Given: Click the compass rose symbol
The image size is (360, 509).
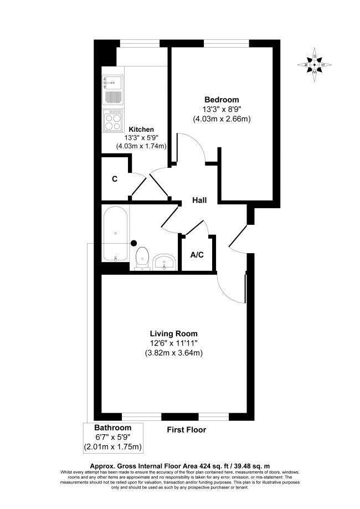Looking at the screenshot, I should (x=315, y=65).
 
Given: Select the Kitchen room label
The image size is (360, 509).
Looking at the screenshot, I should (x=141, y=129).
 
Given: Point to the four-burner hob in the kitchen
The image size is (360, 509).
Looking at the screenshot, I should (x=113, y=120).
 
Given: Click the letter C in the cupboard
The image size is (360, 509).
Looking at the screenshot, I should (x=115, y=179).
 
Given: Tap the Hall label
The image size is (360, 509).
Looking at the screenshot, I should (x=199, y=200).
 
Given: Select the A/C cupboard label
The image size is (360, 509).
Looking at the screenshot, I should (x=197, y=255).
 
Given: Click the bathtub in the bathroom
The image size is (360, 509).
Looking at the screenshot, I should (x=115, y=234).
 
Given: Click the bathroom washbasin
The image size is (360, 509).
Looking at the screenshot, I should (x=164, y=261).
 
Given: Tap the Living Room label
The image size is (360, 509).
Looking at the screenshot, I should (x=173, y=333).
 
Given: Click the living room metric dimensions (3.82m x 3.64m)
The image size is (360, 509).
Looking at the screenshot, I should (x=173, y=353).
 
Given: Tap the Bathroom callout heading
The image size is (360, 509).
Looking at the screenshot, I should (x=112, y=428).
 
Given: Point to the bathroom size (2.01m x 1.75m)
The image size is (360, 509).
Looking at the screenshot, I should (x=112, y=447).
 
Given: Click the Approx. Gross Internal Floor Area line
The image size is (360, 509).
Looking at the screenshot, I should (x=180, y=466).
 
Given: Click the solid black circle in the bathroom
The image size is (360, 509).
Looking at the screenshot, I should (x=133, y=242).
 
